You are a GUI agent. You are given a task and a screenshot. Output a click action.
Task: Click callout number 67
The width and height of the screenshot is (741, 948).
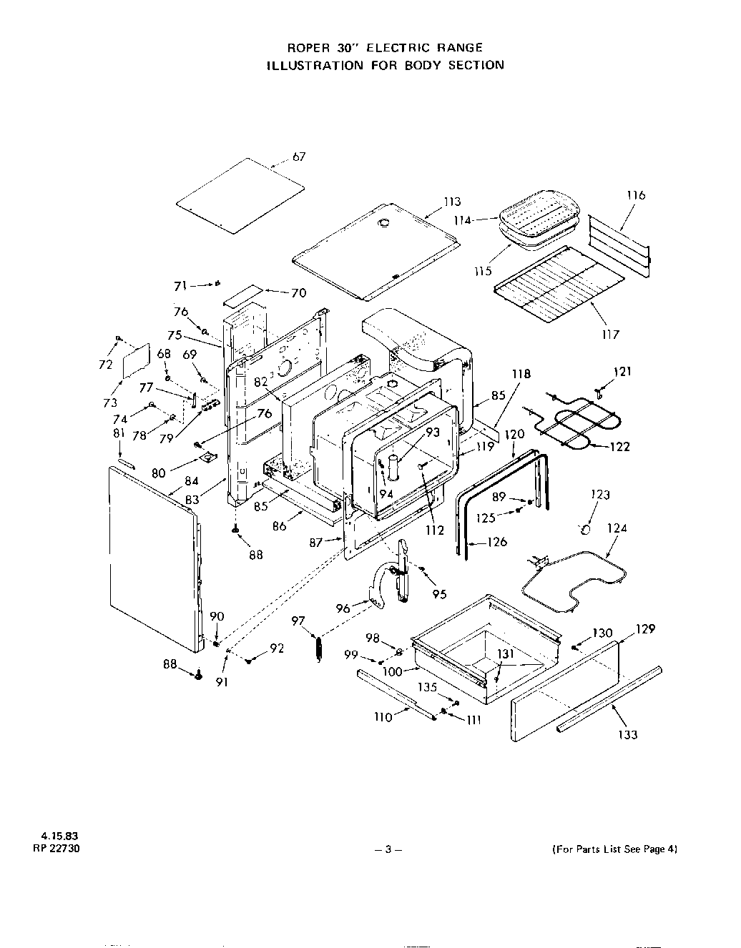tap(299, 157)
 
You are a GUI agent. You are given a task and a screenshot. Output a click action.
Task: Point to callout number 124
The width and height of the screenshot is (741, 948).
tap(617, 528)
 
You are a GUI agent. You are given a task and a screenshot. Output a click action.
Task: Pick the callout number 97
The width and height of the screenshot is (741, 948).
tap(298, 621)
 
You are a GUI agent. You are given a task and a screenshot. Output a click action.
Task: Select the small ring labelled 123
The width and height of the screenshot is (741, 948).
tap(585, 529)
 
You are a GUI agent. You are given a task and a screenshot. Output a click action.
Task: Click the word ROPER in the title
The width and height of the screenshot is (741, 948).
tap(307, 48)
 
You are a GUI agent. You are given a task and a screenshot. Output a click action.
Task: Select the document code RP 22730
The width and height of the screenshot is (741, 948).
tap(52, 849)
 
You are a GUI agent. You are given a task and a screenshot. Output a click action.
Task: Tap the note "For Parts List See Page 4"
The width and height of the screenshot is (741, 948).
tap(614, 849)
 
